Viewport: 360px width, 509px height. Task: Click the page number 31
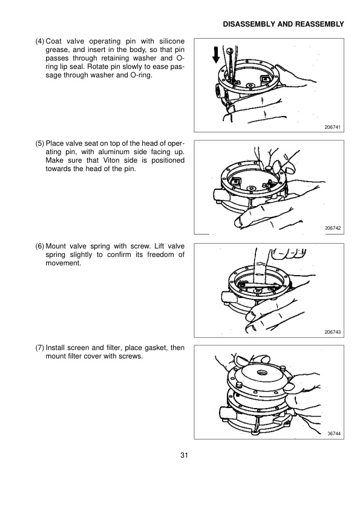click(x=184, y=456)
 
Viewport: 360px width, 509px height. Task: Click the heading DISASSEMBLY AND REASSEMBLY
click(x=284, y=24)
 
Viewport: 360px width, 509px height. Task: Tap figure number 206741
click(x=333, y=126)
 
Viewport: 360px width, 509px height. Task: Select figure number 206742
click(x=333, y=228)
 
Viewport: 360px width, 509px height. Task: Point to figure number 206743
click(x=333, y=331)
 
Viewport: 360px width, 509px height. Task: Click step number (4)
click(x=39, y=41)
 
